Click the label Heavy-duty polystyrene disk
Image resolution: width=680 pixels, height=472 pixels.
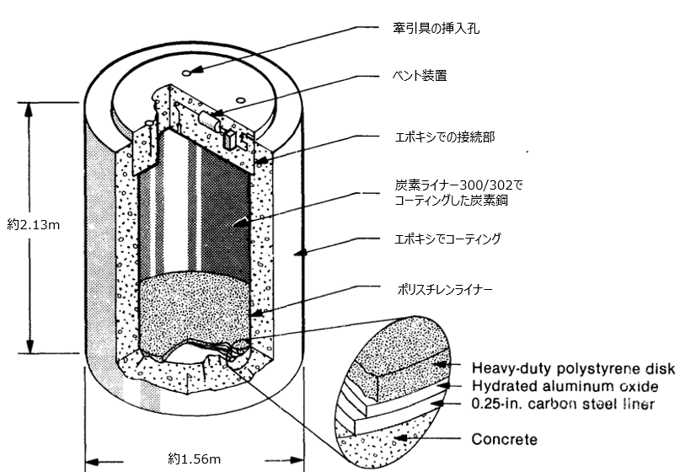[573, 368]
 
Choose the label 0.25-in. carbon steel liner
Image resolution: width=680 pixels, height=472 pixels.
[563, 405]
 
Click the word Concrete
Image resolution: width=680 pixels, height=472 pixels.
[504, 439]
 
